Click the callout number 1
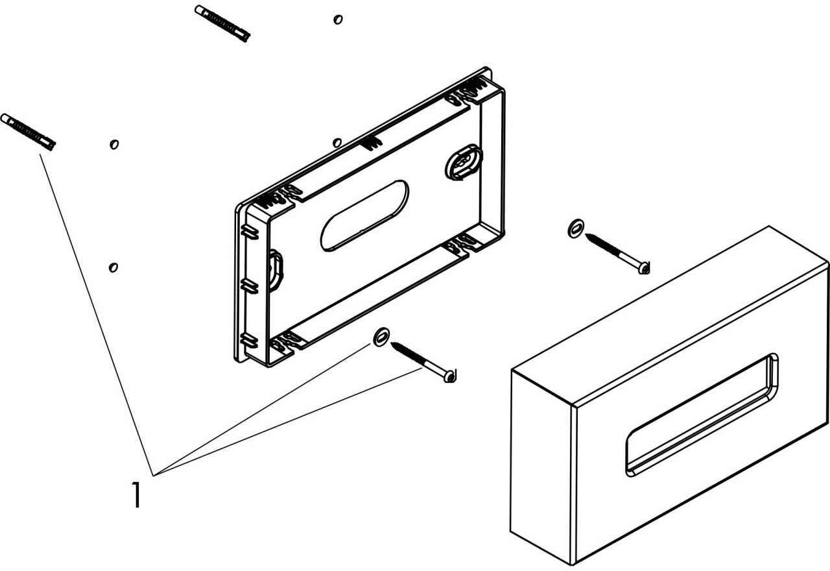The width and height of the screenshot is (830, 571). coord(137,494)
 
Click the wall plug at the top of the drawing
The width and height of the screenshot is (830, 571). coord(222,24)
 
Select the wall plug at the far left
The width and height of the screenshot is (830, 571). coord(28,132)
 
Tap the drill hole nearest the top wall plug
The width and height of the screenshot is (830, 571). coord(338,19)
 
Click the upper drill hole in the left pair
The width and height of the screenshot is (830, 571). coord(114,144)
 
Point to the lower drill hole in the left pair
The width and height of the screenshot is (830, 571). coord(113,267)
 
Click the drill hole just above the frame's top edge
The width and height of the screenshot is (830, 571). coord(337,143)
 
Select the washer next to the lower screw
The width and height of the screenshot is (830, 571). coord(381,337)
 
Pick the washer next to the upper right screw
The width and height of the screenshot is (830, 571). coord(575,228)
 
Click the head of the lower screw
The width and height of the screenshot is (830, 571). coord(450,376)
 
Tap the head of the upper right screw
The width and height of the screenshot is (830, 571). coord(644,268)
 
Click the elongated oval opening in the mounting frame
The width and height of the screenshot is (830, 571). coord(364,215)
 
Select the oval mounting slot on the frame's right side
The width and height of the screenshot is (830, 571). coord(464,162)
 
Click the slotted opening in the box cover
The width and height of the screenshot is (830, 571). coord(702,415)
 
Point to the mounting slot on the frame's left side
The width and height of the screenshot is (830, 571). coord(276,271)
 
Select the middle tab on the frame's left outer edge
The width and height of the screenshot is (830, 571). coord(249,286)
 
